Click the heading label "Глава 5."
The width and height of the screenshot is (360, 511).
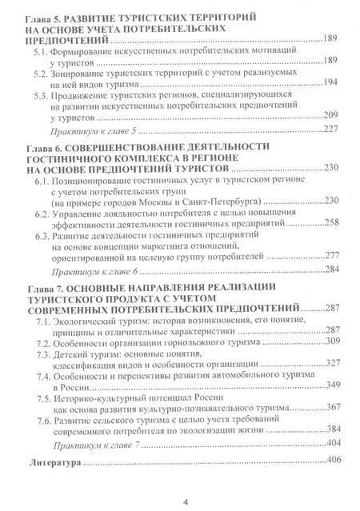click(x=41, y=15)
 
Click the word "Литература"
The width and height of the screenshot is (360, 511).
click(x=54, y=462)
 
